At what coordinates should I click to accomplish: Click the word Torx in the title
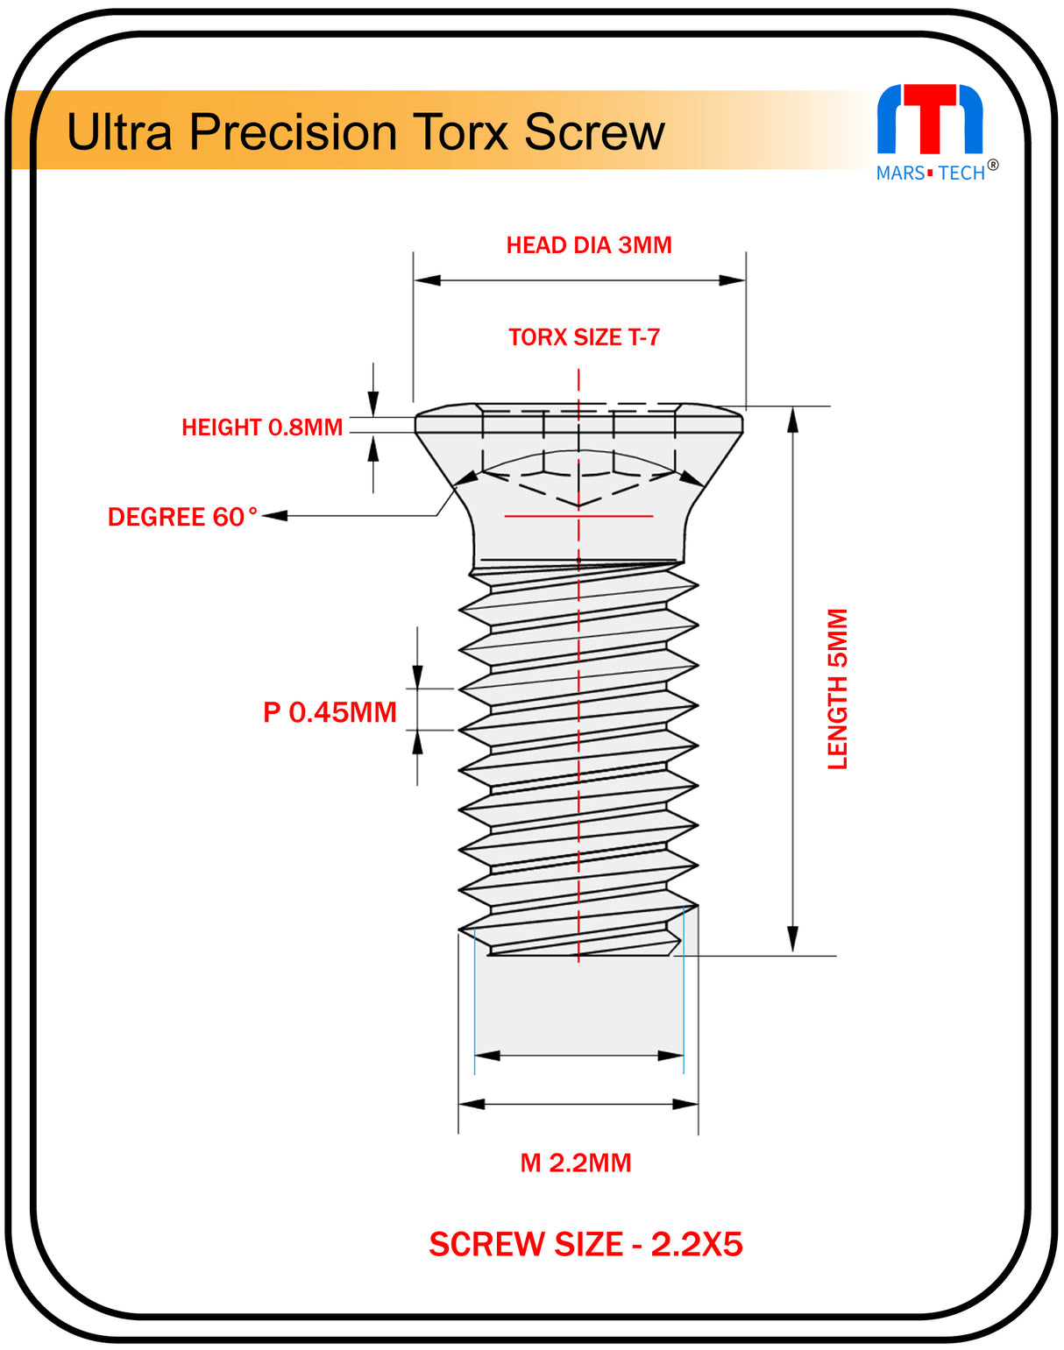click(461, 132)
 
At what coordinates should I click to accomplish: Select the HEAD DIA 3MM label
click(589, 245)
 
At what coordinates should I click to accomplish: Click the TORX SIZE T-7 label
click(584, 337)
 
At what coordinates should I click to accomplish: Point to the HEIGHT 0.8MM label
click(261, 428)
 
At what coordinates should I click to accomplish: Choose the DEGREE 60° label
click(182, 517)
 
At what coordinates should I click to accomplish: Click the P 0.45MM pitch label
click(330, 712)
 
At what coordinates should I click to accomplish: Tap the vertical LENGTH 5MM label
click(838, 689)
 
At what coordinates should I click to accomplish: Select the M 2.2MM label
click(576, 1163)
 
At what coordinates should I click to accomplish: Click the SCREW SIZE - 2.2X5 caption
click(585, 1244)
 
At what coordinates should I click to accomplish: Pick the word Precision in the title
click(294, 132)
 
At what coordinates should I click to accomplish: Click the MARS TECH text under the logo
click(930, 173)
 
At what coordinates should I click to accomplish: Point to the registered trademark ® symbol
click(993, 165)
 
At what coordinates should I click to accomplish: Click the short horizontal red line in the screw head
click(578, 516)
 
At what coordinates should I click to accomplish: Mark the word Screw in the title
click(594, 132)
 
